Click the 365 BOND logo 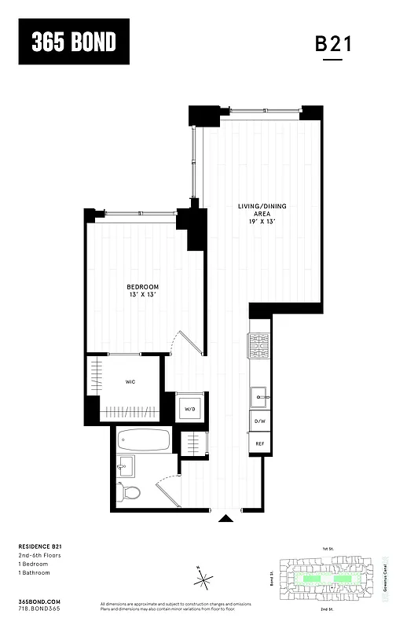coord(74,42)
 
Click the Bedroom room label coord(143,290)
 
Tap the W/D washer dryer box coord(189,408)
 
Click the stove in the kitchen coord(259,344)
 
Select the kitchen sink coord(259,395)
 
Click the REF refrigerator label coord(259,444)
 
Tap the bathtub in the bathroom coord(143,440)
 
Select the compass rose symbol coord(204,580)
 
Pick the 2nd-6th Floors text coord(40,556)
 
